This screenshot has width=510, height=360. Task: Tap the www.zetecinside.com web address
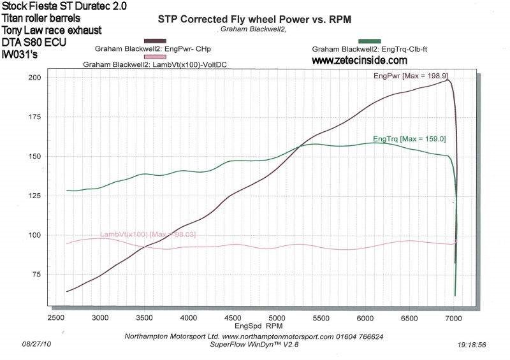click(x=359, y=61)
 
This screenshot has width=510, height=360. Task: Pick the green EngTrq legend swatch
click(x=370, y=41)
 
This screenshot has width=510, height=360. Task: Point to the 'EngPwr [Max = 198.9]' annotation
click(x=409, y=76)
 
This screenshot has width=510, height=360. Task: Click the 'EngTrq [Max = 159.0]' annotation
click(x=409, y=138)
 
